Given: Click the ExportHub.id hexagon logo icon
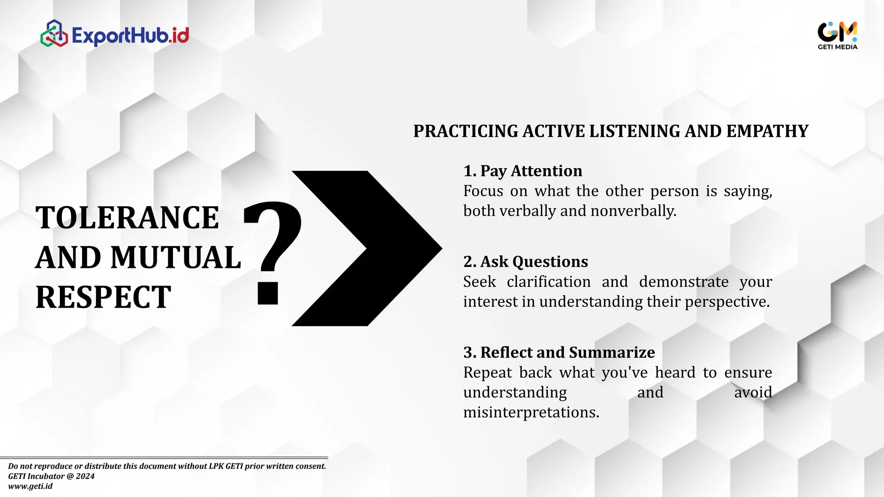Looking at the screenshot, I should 54,34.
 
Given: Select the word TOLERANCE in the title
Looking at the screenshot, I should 127,217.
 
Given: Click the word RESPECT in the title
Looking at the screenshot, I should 103,297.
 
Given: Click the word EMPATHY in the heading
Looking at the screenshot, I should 767,131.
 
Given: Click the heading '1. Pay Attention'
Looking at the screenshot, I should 523,171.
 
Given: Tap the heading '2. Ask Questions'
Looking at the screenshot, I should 525,261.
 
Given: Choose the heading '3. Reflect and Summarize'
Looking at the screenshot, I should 559,352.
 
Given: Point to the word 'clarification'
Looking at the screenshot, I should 549,282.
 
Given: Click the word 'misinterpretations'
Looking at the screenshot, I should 531,412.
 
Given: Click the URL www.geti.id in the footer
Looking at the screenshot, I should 30,486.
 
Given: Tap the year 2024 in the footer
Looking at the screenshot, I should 85,476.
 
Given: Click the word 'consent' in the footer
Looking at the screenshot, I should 310,466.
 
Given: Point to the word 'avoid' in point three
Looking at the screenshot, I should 753,393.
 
